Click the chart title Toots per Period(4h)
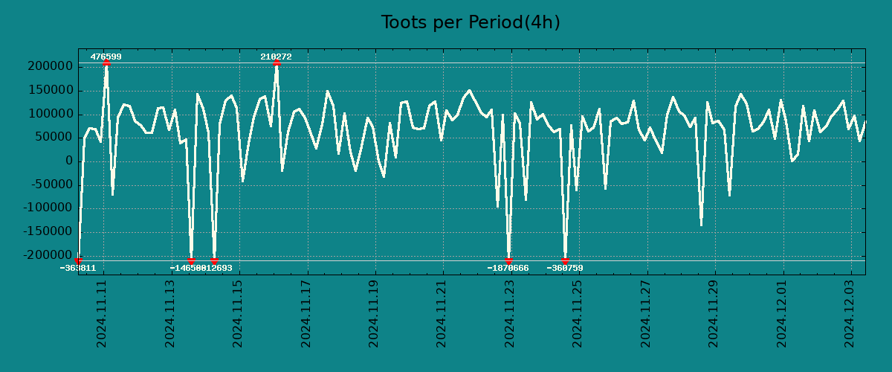470,22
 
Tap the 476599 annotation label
106,57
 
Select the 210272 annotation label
276,57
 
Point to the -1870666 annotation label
508,268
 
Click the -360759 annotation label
565,268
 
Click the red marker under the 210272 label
277,63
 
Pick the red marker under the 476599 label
106,63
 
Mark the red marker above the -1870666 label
509,260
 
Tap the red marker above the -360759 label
565,260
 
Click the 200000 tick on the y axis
49,67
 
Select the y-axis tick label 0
68,161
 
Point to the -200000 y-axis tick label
47,255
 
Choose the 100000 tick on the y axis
49,114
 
